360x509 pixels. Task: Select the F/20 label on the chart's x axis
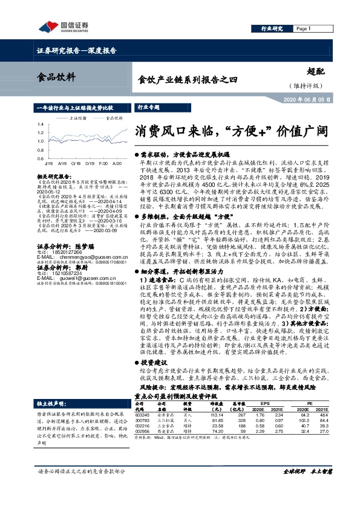[102, 163]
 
